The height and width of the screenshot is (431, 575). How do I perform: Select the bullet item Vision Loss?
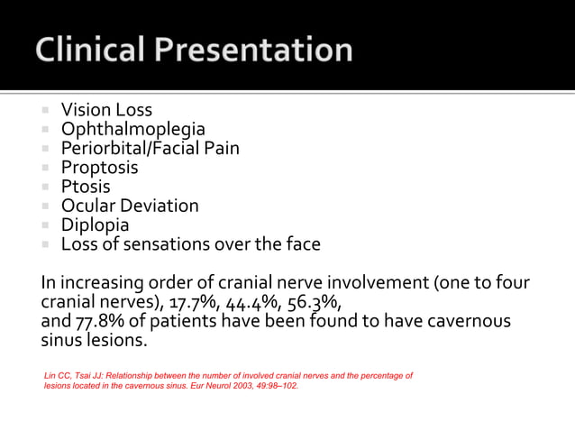tap(106, 111)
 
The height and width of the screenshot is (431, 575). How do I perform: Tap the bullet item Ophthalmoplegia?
tap(132, 130)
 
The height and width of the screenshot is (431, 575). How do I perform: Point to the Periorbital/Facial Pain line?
tap(150, 149)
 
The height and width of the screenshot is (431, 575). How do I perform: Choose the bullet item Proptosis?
tap(99, 168)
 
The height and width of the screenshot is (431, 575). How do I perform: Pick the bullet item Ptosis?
tap(86, 187)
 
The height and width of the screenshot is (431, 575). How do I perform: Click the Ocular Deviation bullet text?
tap(130, 206)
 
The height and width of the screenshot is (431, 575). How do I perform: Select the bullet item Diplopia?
tap(95, 225)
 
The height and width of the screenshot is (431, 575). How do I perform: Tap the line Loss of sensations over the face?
tap(190, 243)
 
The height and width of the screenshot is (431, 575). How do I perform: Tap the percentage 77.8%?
tap(102, 322)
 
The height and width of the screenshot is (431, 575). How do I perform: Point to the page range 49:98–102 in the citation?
tap(270, 385)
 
